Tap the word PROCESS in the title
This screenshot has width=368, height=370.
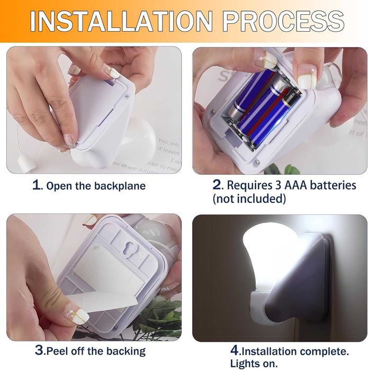pos(283,21)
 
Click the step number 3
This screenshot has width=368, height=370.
pos(40,350)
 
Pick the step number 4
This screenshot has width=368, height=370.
pos(235,350)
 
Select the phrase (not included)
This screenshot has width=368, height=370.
pos(249,199)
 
